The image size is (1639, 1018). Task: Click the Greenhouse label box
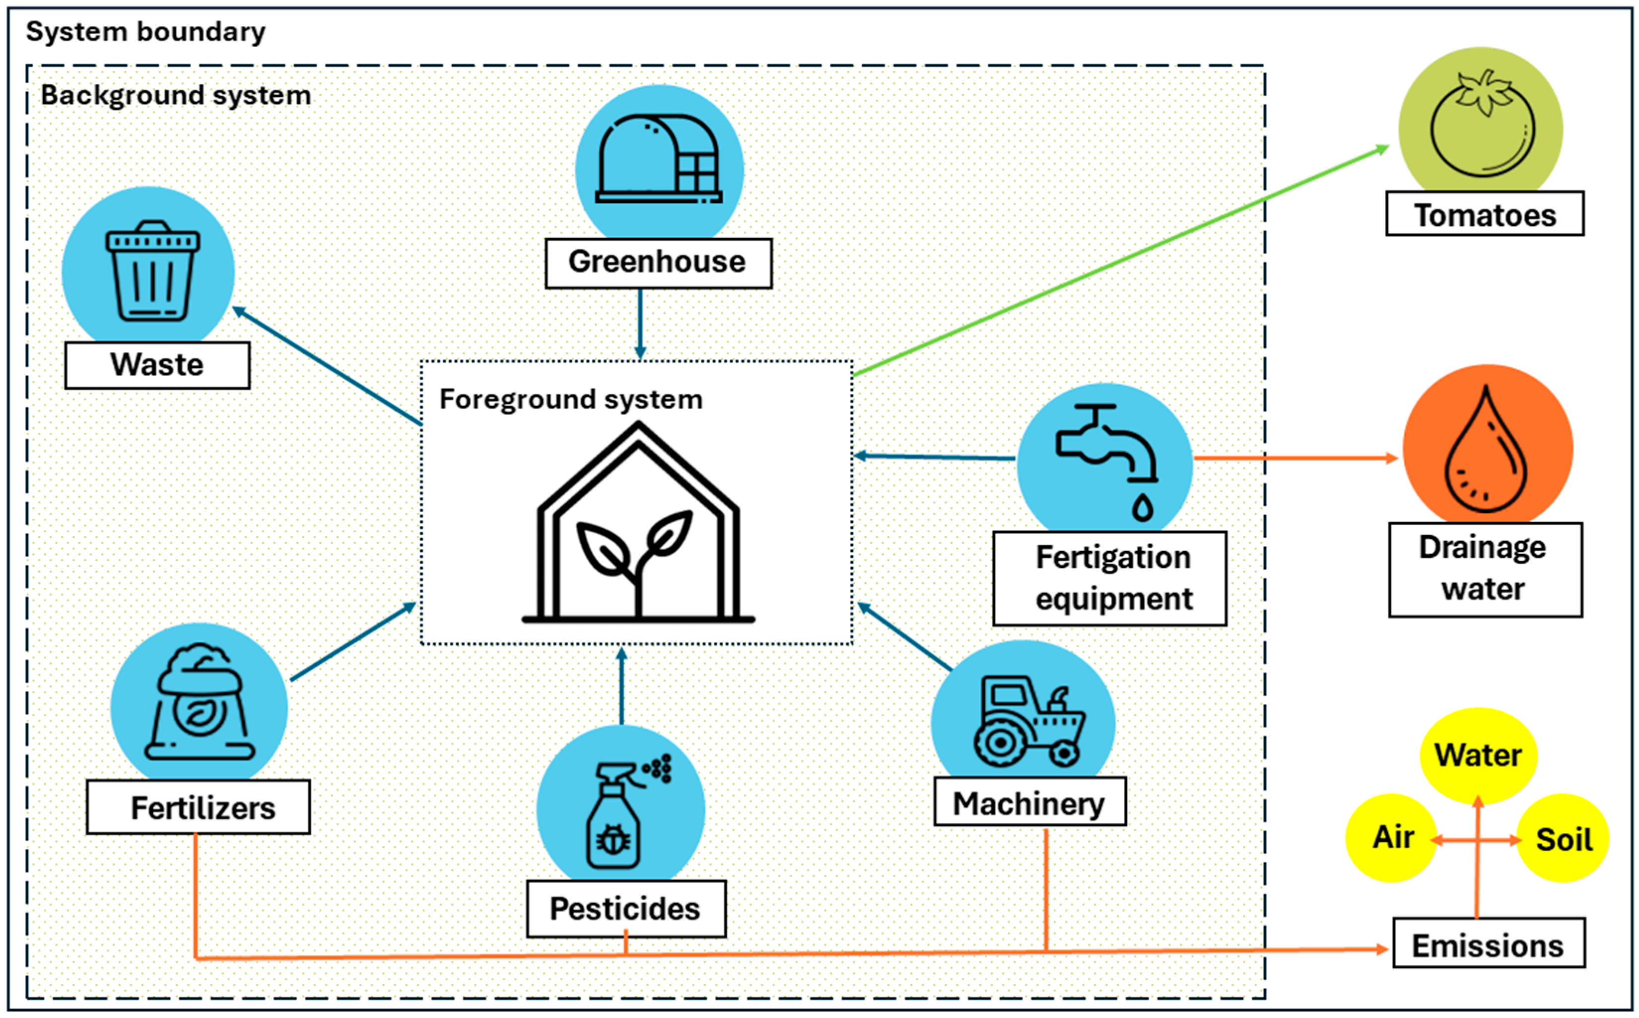click(658, 263)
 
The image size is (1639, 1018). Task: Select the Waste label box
click(157, 365)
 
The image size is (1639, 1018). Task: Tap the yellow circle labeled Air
click(1391, 837)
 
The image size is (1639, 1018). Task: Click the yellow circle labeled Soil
click(1563, 839)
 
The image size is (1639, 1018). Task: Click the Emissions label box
click(1488, 945)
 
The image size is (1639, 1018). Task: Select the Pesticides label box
click(625, 908)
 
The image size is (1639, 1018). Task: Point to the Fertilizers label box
click(199, 807)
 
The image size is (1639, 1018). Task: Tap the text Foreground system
click(571, 399)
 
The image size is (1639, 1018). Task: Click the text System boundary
click(145, 32)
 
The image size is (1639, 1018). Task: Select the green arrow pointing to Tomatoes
click(1117, 263)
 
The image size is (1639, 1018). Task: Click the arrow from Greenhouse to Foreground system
click(640, 323)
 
